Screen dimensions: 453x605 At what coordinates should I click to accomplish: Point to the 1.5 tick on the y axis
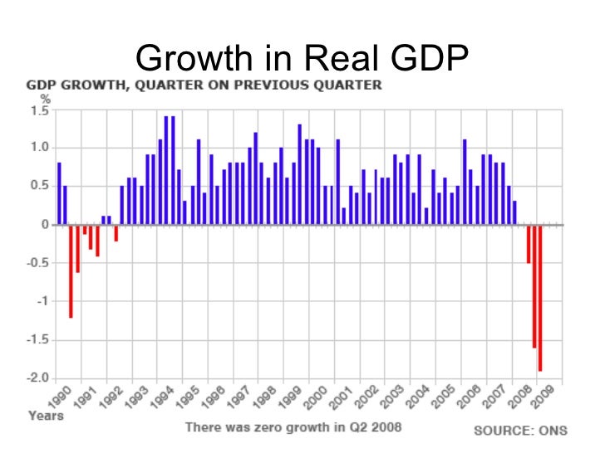(x=39, y=110)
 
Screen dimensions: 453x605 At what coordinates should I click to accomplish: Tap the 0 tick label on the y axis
(x=44, y=225)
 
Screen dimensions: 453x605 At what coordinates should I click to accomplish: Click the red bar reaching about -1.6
(x=534, y=285)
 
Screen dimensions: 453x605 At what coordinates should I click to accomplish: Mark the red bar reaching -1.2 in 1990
(x=71, y=270)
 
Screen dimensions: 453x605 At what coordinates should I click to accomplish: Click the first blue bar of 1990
(x=59, y=193)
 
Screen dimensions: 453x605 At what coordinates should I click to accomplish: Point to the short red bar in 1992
(x=116, y=232)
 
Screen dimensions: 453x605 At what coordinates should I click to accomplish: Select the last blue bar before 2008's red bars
(x=514, y=212)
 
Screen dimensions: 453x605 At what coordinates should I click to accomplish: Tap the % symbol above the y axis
(x=34, y=100)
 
